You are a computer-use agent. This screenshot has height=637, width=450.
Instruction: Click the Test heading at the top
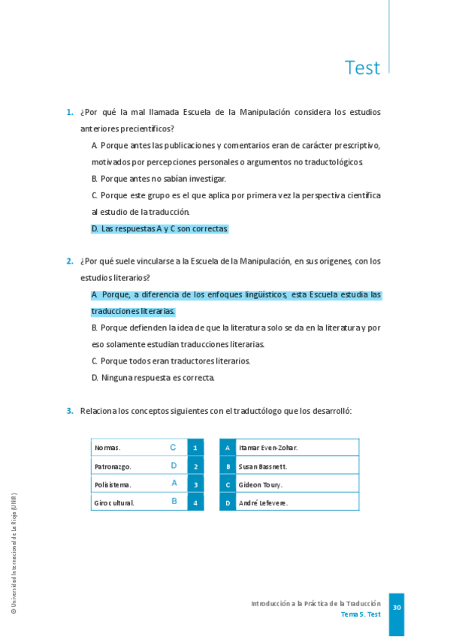362,68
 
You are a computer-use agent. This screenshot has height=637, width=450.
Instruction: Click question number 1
69,113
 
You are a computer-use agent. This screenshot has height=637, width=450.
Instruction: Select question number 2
69,261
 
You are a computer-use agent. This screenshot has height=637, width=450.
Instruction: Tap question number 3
69,411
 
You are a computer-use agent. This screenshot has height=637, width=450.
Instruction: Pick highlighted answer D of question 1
159,228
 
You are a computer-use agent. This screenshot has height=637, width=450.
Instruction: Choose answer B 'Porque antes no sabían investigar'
159,179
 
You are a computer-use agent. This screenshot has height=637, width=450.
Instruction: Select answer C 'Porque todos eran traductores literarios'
171,361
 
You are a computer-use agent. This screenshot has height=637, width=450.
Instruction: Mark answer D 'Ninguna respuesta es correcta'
153,377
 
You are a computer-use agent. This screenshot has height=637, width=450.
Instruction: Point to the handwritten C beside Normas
173,448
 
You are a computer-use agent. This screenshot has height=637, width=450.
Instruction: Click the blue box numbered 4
195,503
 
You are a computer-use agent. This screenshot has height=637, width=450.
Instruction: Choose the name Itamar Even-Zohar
268,448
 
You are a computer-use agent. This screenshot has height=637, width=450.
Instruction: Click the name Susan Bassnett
263,466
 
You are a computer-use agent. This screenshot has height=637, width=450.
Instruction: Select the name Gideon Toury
260,485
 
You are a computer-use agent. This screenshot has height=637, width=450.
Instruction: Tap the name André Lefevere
263,503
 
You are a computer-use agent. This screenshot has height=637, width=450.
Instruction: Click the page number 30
397,607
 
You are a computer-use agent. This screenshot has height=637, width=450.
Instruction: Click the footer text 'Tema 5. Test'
361,614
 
